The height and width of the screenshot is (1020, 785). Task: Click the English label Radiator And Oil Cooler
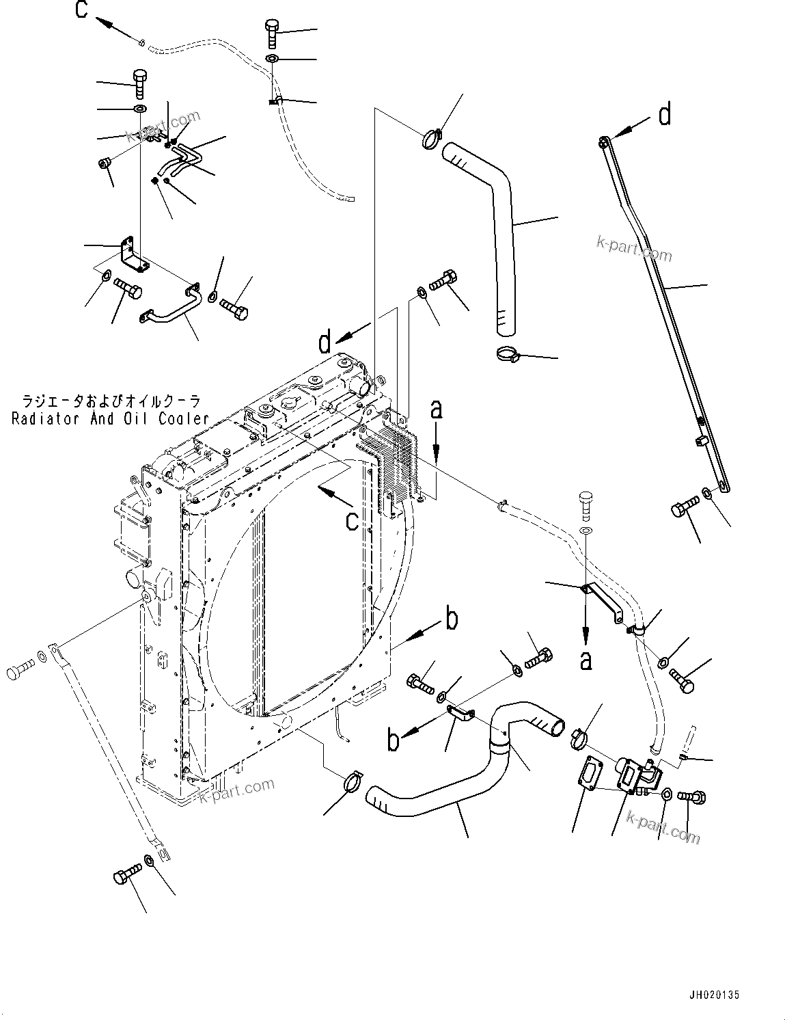pos(110,419)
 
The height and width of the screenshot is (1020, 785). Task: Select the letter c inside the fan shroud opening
pos(352,521)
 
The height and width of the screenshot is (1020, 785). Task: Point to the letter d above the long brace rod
pos(665,115)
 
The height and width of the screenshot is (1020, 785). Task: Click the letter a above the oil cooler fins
pos(437,410)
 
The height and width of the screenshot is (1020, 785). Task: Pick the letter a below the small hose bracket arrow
pos(586,660)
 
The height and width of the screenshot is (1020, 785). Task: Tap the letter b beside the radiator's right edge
pos(451,619)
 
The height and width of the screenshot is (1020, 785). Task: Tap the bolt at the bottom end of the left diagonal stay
pos(126,875)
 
